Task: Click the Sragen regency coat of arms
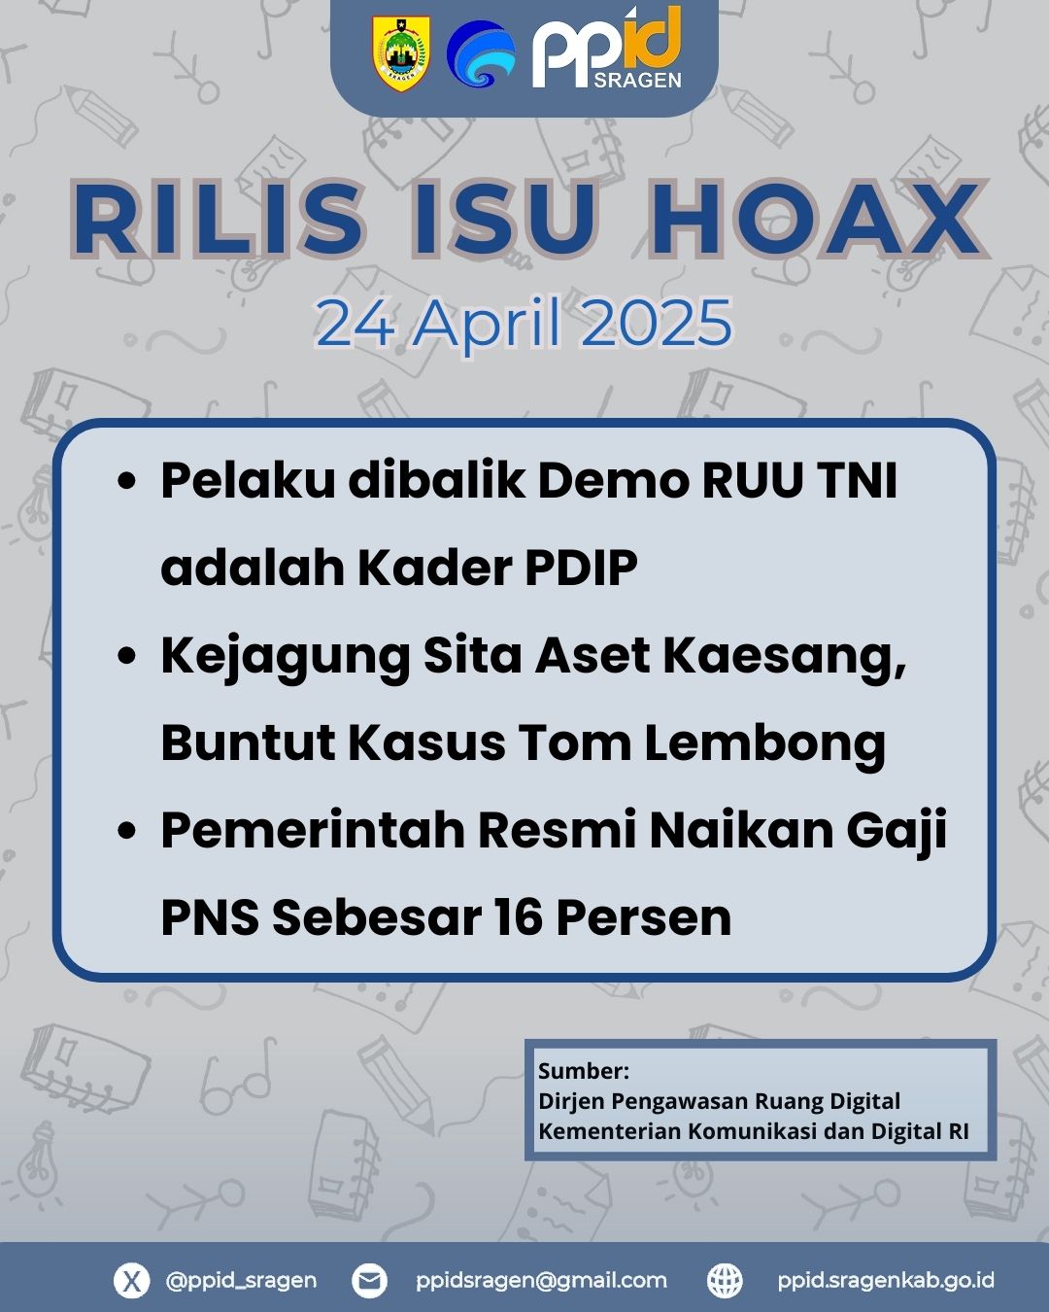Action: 401,54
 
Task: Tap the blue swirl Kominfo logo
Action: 482,53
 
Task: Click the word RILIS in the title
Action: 217,218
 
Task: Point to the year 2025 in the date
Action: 656,322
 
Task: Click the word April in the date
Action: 487,323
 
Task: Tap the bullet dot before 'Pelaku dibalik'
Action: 126,481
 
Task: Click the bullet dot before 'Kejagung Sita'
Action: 126,656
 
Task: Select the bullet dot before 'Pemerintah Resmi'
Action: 126,830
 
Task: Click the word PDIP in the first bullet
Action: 581,568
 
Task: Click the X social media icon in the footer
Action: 131,1280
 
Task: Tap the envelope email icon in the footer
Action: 369,1280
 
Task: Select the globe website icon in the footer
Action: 725,1280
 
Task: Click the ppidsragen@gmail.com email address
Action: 541,1281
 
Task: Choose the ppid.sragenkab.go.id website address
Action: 886,1281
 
